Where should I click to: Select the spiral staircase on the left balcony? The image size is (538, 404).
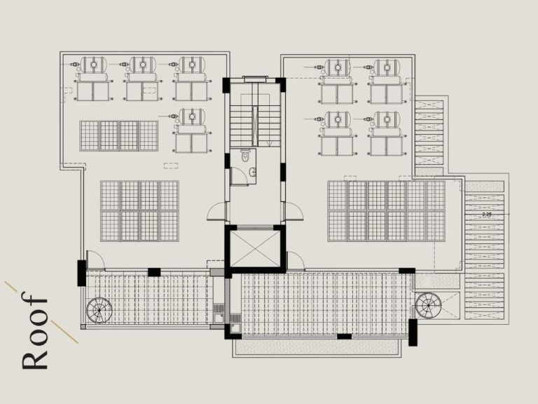pos(98,309)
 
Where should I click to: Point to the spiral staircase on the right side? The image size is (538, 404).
pos(426,304)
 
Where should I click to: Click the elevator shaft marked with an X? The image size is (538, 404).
pos(254,248)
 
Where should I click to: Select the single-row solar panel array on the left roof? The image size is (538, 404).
pos(118,136)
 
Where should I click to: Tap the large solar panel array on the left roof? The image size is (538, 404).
pos(139,210)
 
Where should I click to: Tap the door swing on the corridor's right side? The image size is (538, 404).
pos(292,211)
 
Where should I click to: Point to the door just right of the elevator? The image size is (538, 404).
pos(295,261)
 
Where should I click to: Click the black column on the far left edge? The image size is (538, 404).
pos(82,272)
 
